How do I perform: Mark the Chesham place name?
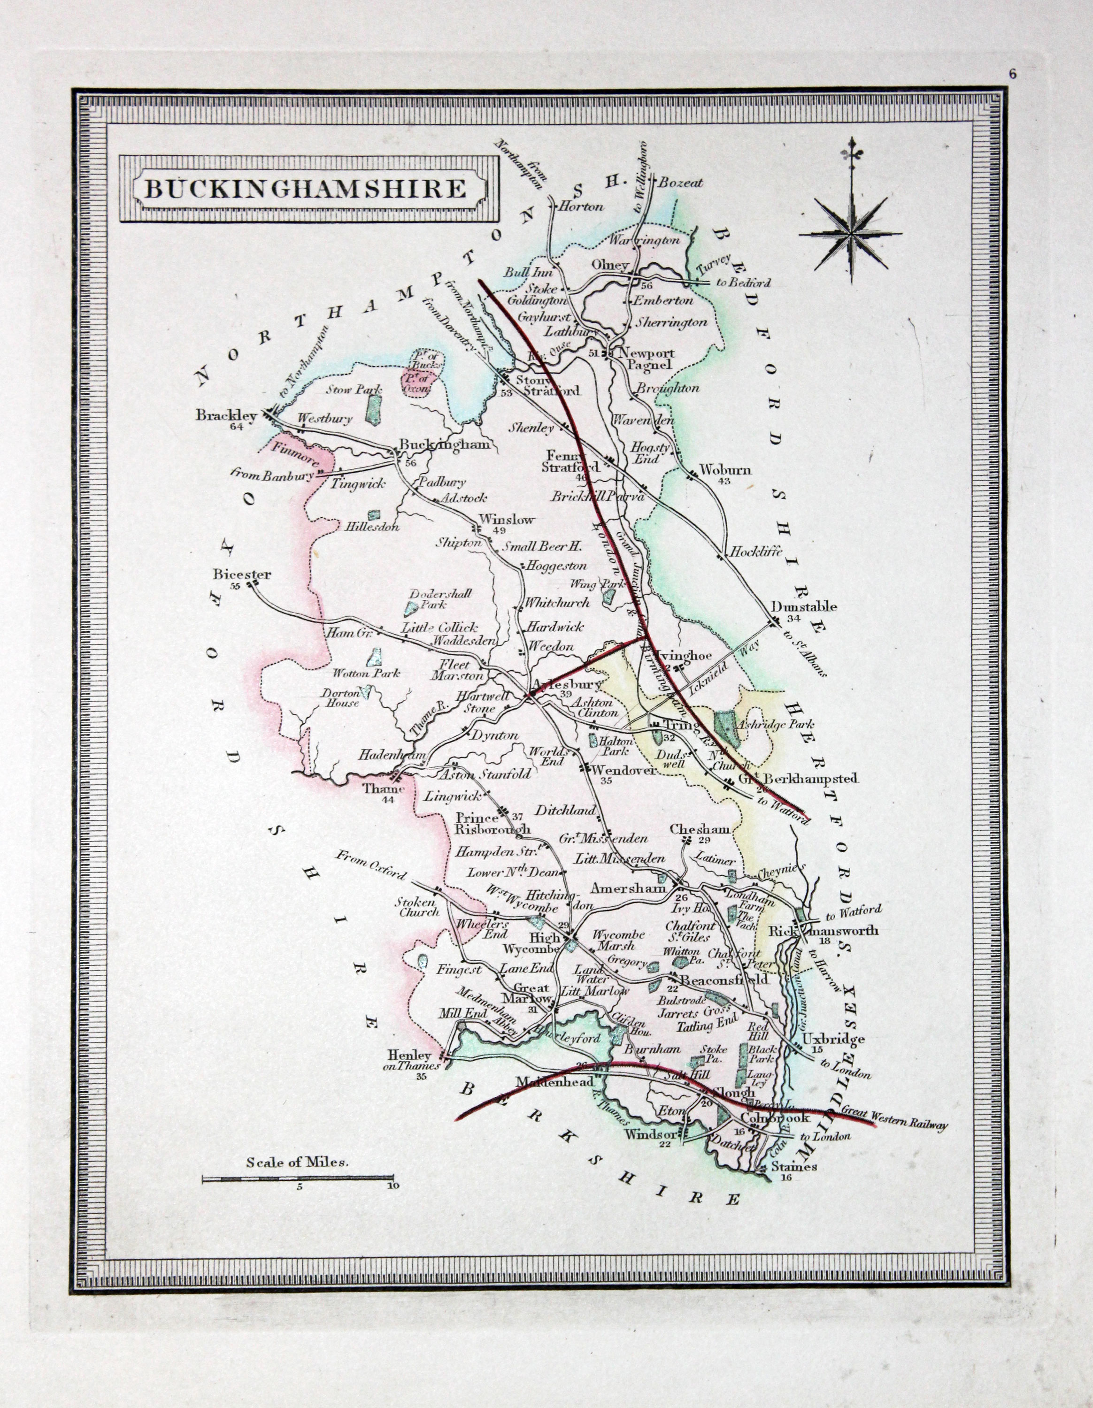click(x=700, y=830)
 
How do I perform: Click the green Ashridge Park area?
click(x=727, y=725)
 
